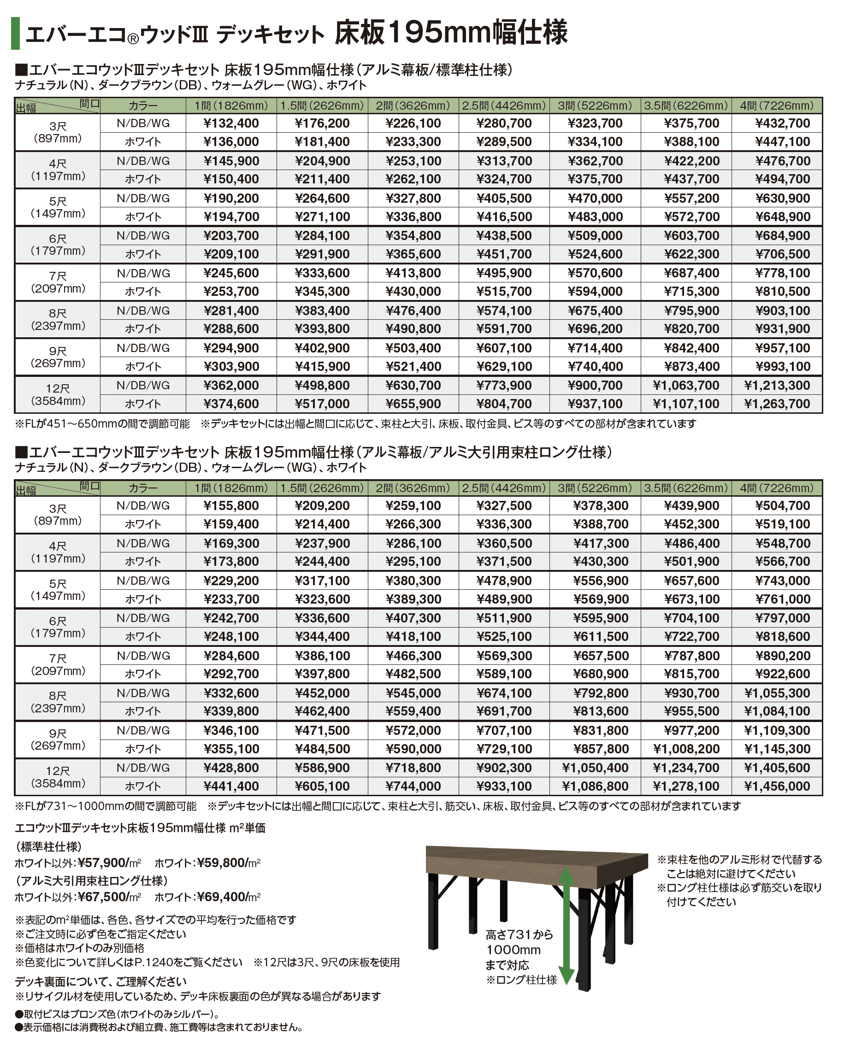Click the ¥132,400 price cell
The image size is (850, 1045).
pos(230,123)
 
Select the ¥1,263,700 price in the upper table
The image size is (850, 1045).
pos(777,404)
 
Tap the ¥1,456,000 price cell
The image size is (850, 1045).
pos(777,787)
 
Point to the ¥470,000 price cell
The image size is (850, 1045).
pos(595,199)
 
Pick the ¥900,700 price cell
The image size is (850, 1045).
pos(595,386)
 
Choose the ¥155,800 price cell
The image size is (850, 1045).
pos(230,505)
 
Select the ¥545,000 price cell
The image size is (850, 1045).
pos(413,693)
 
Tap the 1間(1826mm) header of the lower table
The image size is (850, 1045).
pos(231,488)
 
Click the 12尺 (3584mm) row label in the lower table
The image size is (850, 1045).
pos(58,777)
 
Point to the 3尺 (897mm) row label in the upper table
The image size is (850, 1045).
pos(58,133)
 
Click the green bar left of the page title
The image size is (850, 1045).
pos(15,33)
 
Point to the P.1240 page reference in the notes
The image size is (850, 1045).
pos(151,962)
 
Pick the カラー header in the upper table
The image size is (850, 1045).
pos(143,106)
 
